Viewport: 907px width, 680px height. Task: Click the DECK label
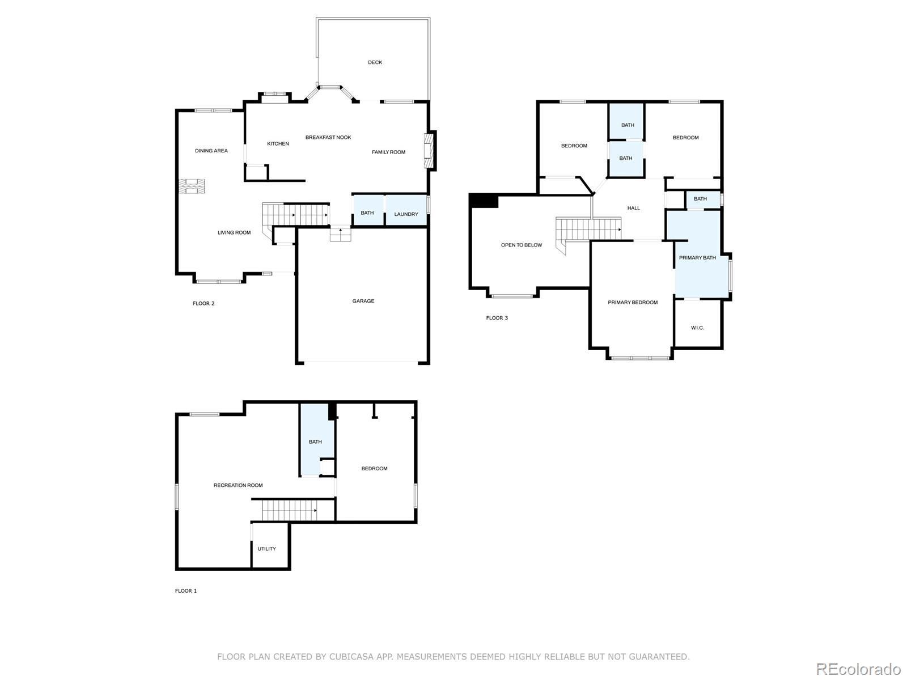tap(375, 62)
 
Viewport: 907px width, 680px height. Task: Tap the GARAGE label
tap(363, 301)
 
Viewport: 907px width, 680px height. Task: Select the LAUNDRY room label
tap(406, 214)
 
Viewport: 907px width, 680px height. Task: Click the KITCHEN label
tap(278, 144)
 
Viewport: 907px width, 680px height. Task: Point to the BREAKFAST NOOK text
tap(328, 138)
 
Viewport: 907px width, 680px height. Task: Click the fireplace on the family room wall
tap(430, 151)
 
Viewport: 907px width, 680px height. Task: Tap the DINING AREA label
tap(211, 151)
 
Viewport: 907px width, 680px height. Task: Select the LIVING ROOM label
tap(234, 232)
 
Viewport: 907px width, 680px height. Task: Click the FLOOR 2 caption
tap(204, 304)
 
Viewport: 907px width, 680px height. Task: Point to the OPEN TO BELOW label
tap(522, 245)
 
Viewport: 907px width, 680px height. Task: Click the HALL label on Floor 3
tap(633, 208)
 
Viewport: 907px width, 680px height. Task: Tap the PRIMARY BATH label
tap(697, 258)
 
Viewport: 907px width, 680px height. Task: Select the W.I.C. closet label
tap(697, 328)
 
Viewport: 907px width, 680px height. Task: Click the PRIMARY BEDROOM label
tap(633, 303)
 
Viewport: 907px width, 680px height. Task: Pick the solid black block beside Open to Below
tap(484, 201)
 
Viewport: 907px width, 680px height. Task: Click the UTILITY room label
tap(266, 549)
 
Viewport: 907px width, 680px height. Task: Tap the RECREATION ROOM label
tap(238, 485)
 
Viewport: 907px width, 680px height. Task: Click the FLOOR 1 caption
tap(185, 591)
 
